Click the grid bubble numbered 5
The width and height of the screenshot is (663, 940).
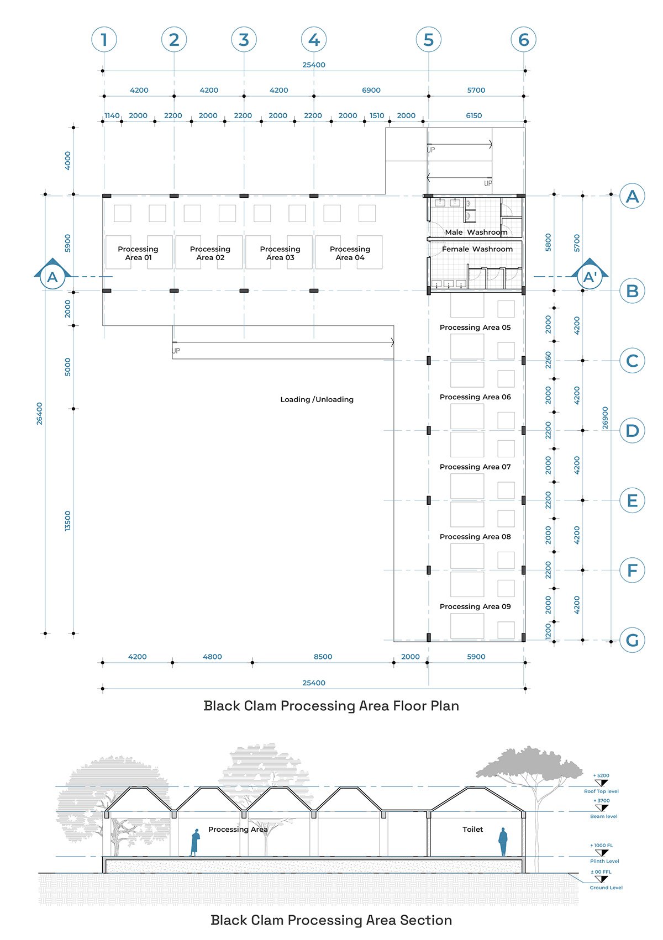[x=428, y=39]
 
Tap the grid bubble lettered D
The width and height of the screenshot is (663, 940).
[x=632, y=431]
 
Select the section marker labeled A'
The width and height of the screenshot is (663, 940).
[x=590, y=277]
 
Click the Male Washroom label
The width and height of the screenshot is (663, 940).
[x=476, y=232]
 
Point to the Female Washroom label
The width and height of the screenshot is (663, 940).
[x=477, y=249]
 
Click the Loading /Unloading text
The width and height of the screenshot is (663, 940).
[x=317, y=399]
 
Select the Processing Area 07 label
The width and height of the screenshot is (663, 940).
[x=475, y=467]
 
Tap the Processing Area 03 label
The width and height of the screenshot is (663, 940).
[x=280, y=253]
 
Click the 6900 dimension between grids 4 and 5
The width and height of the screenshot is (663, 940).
[x=371, y=90]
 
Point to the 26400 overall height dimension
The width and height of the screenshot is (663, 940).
[x=39, y=414]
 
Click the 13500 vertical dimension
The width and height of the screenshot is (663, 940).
[x=67, y=521]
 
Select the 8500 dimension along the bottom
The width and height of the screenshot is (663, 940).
[x=323, y=657]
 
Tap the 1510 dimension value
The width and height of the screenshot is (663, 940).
[x=377, y=115]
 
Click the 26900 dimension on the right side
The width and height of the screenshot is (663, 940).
[x=605, y=418]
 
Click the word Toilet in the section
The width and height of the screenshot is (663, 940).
[x=472, y=829]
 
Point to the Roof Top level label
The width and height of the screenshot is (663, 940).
[x=601, y=791]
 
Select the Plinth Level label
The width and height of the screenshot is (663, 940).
[x=604, y=861]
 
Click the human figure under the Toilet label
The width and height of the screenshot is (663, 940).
[x=503, y=842]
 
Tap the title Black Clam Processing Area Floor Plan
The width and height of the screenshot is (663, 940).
[x=331, y=706]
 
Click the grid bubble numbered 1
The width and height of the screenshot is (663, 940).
[x=104, y=39]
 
